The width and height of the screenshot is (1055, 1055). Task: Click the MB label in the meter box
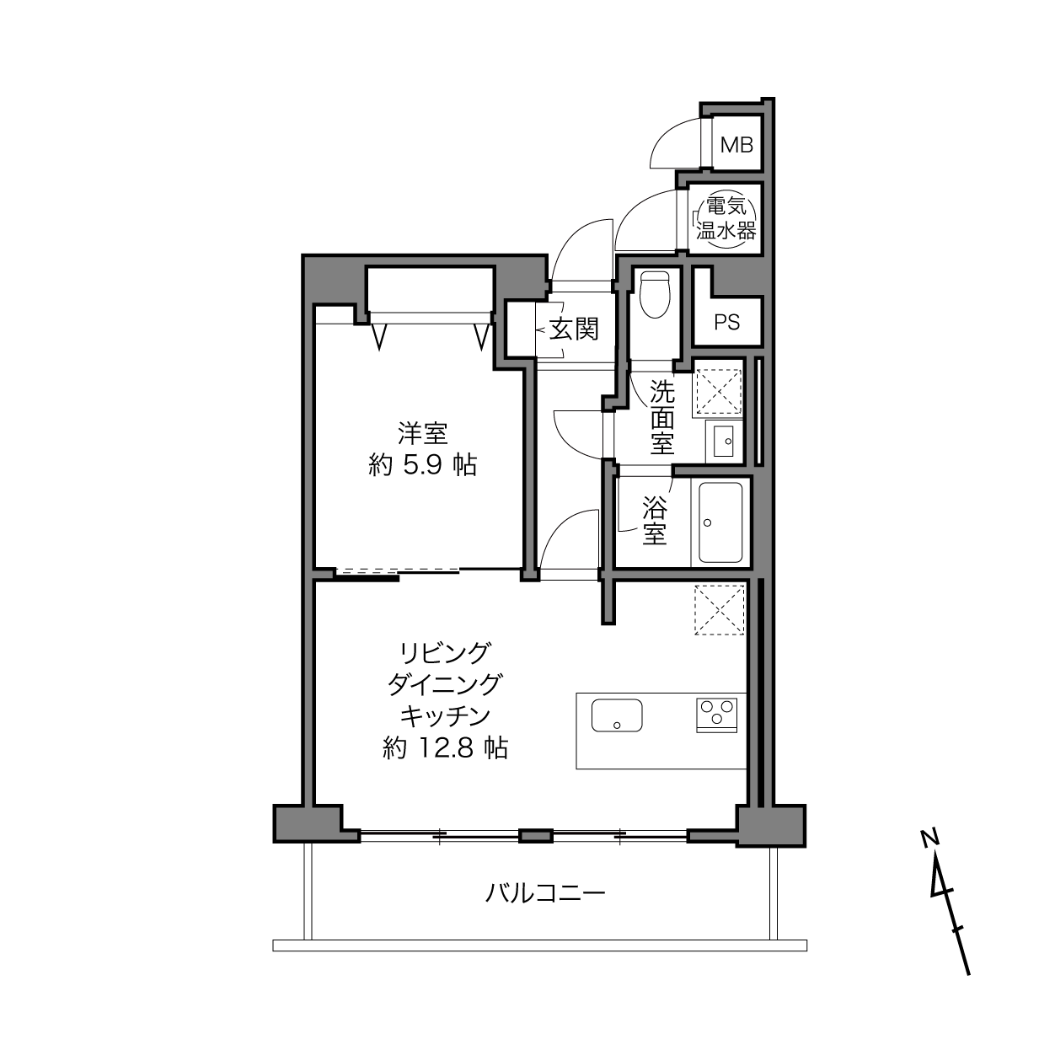(736, 145)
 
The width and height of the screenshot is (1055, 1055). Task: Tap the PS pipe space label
(727, 323)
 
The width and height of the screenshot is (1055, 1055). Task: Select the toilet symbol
(655, 294)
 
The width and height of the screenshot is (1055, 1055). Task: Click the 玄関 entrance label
(575, 329)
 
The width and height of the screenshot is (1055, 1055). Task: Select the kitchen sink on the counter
(617, 715)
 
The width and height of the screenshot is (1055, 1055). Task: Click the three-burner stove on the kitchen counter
(716, 715)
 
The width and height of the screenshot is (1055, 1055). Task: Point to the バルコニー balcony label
(545, 894)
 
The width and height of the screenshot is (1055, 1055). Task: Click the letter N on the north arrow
(929, 838)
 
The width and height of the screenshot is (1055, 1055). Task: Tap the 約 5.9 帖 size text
(423, 465)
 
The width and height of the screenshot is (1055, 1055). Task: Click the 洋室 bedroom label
(423, 434)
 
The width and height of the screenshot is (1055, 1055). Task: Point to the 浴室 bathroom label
(655, 520)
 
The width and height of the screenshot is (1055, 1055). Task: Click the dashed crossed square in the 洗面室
(718, 391)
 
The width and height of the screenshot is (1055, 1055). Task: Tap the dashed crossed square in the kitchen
(720, 610)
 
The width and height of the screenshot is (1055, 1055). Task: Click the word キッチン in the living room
(445, 716)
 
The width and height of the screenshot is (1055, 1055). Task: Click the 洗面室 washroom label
(662, 417)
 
